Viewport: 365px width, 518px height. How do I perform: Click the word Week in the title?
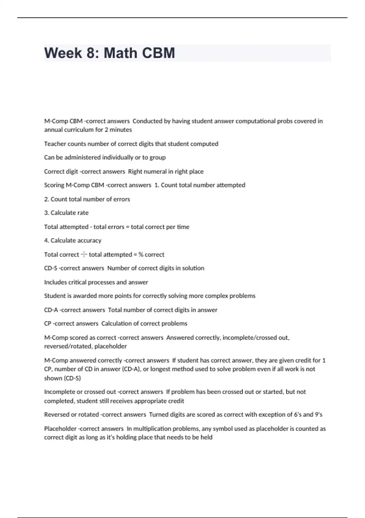(x=63, y=53)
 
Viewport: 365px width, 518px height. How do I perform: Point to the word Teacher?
(x=54, y=144)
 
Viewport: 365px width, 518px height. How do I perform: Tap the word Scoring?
(x=54, y=185)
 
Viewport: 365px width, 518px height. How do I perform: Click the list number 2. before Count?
(x=47, y=199)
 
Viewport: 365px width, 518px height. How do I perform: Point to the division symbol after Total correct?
(x=84, y=254)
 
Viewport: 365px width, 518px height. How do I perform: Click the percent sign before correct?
(x=141, y=254)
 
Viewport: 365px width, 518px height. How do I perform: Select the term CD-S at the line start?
(x=50, y=268)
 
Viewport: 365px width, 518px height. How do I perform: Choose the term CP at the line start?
(x=48, y=324)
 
